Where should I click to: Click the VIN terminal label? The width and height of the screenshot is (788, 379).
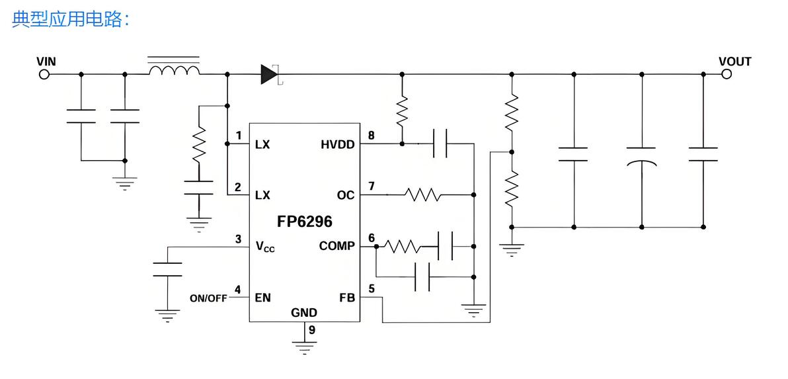coord(46,62)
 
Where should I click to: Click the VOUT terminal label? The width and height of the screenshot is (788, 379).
coord(734,62)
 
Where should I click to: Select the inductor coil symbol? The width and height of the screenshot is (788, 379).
coord(174,70)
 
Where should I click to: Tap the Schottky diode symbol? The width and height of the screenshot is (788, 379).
coord(270,74)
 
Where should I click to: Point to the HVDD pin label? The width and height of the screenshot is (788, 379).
coord(337,145)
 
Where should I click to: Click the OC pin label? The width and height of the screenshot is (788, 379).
coord(345,195)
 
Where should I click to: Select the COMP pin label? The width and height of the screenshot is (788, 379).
coord(336,246)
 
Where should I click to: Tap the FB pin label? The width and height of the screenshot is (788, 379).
coord(347,298)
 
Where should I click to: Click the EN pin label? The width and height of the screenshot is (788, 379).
coord(262,298)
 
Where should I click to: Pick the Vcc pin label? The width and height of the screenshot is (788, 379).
coord(265,247)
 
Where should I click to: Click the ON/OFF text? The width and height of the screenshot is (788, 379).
coord(208,298)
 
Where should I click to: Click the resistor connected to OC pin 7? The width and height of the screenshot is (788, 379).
coord(423,195)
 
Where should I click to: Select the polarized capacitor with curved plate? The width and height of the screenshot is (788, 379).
coord(641,155)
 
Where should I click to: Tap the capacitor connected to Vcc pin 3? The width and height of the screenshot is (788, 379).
coord(167,269)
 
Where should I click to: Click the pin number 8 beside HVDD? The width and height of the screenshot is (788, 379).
coord(372,136)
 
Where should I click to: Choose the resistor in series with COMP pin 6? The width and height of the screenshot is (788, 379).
coord(403,246)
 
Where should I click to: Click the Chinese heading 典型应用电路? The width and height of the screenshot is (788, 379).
coord(69,20)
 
